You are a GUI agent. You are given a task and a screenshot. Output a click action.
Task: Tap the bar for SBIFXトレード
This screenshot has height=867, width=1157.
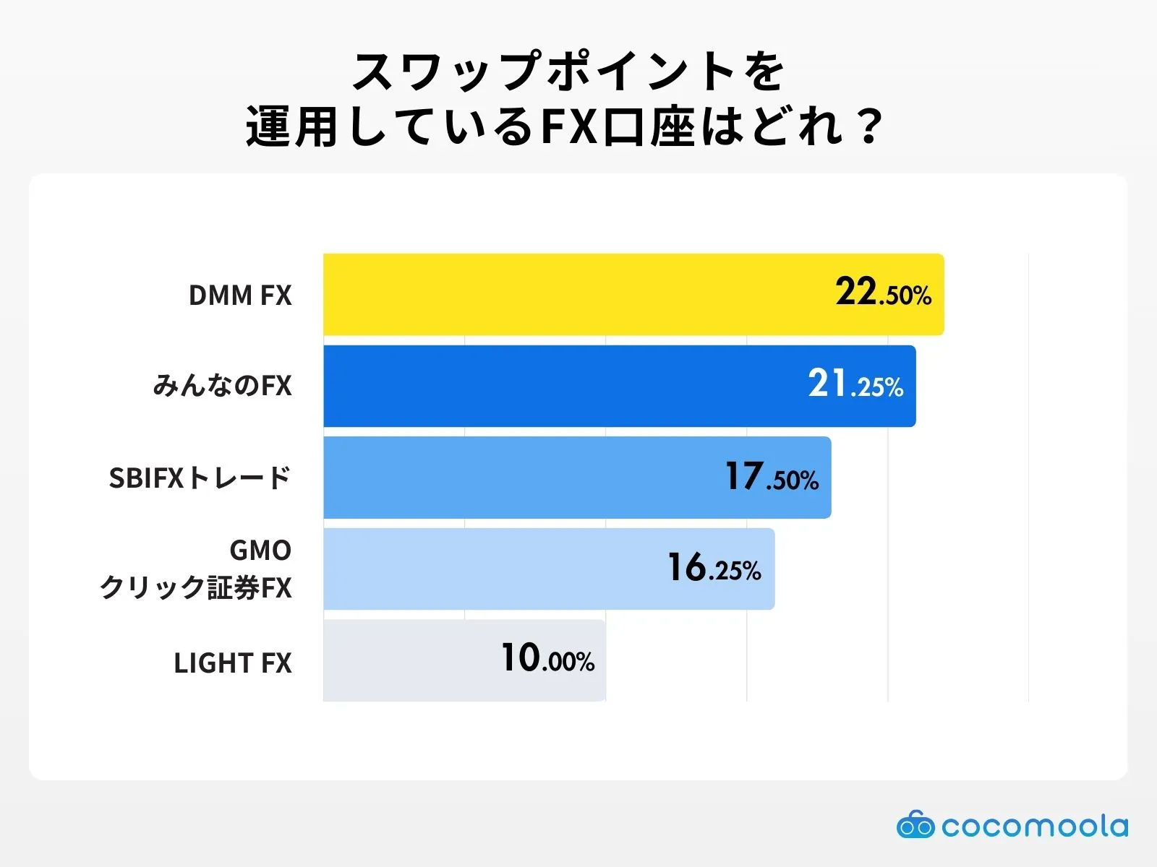(x=506, y=478)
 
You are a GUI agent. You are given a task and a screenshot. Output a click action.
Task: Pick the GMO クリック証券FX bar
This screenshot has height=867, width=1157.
(x=477, y=569)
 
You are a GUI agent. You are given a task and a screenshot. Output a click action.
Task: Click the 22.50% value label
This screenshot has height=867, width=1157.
(x=883, y=293)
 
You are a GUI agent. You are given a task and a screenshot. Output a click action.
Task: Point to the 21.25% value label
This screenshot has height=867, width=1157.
(x=855, y=384)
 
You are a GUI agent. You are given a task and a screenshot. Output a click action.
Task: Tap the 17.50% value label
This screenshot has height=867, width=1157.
(x=772, y=477)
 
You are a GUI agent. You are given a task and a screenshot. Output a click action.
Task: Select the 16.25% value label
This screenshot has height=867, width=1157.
(x=714, y=568)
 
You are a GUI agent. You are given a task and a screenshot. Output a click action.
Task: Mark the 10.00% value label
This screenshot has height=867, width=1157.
(x=547, y=659)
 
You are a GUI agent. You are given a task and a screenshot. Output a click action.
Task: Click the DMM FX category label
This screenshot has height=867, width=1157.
(x=240, y=296)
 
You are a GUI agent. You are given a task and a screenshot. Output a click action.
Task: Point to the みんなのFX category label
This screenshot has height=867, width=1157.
(x=222, y=386)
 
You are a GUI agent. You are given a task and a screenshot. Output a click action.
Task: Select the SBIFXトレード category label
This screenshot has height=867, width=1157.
(x=200, y=478)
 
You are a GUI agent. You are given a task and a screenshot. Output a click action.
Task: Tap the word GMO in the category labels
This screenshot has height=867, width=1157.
(x=260, y=551)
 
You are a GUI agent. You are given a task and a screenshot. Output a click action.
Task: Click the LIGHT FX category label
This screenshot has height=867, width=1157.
(x=232, y=663)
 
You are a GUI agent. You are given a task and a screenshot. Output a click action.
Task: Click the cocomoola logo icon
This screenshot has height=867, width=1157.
(x=915, y=825)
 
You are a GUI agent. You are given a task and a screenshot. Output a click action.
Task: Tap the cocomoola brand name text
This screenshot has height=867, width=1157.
(x=1035, y=826)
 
